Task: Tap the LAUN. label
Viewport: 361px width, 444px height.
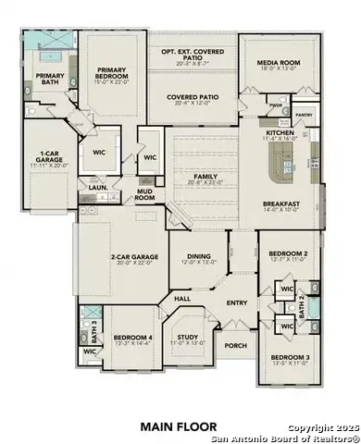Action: (96, 185)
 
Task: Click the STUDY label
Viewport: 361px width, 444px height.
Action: (189, 339)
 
